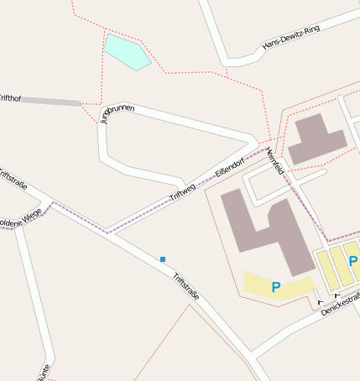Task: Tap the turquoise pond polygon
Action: [126, 52]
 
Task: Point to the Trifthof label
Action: [9, 99]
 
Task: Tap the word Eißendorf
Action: [229, 167]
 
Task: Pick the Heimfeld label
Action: [274, 160]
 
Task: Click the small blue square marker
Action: [163, 258]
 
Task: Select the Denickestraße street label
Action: [340, 304]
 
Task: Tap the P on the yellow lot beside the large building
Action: [275, 287]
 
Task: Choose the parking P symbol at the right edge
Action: [353, 262]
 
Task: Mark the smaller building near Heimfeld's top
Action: [315, 138]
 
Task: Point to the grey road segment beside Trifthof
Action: [50, 102]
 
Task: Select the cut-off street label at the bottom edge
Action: [44, 373]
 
